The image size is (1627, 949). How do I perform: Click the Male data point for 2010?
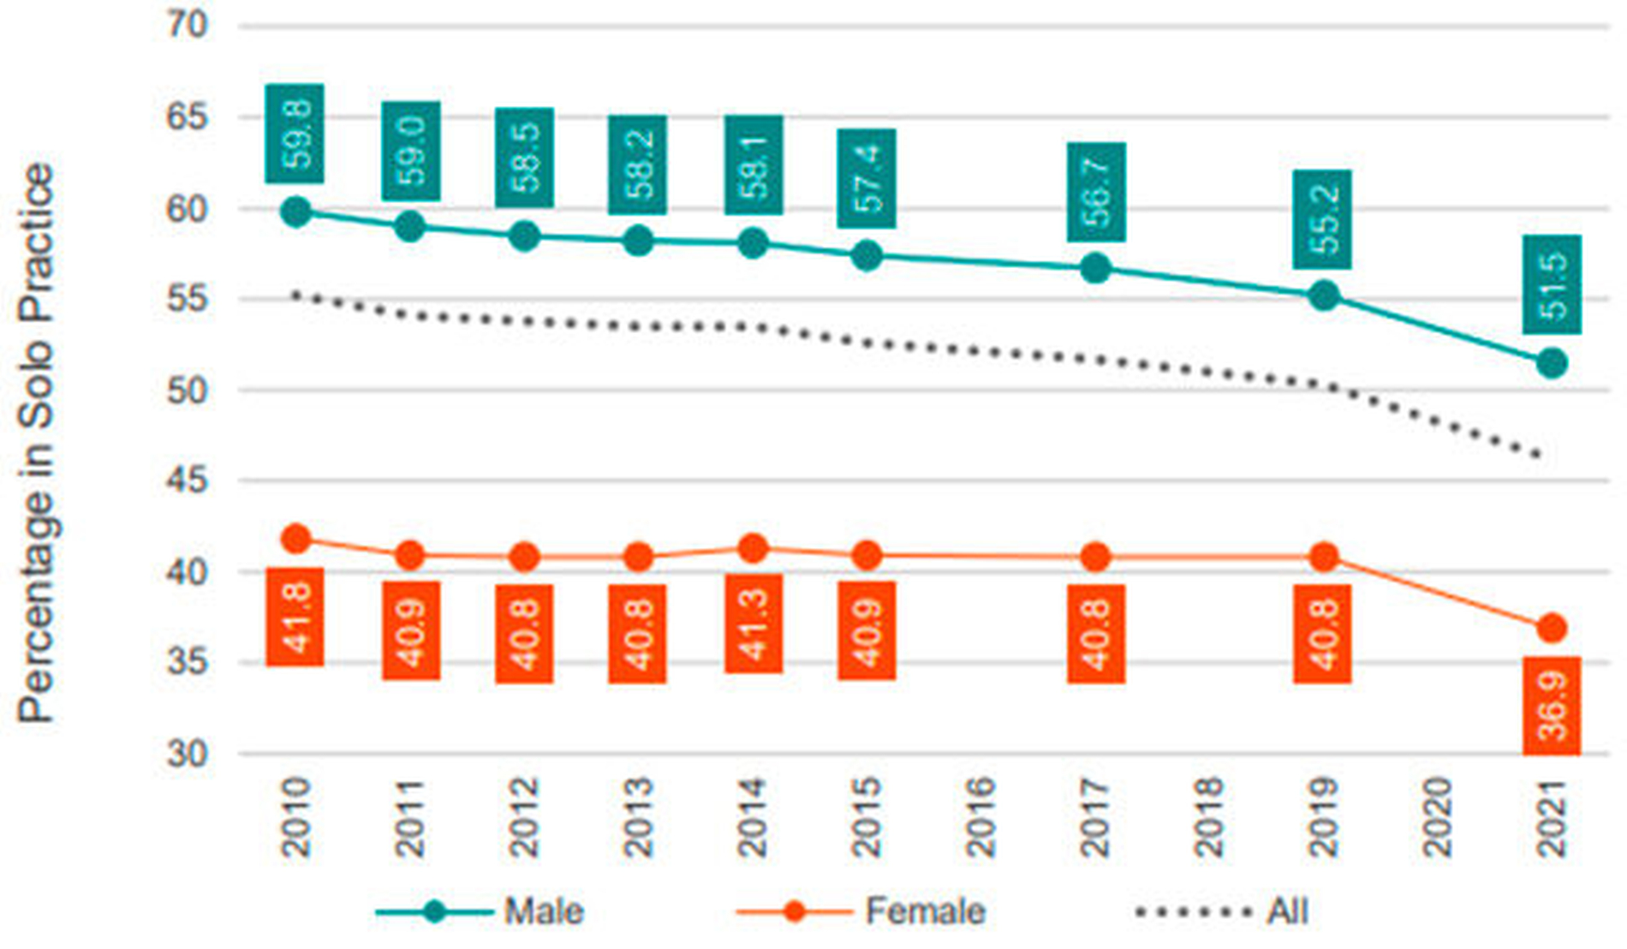click(x=295, y=212)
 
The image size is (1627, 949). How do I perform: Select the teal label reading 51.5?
click(x=1552, y=285)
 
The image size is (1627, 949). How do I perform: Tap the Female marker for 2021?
click(x=1552, y=629)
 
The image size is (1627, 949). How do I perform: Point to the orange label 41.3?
click(x=753, y=624)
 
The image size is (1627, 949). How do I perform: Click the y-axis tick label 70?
click(x=187, y=26)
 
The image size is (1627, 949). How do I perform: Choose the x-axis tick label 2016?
click(x=980, y=817)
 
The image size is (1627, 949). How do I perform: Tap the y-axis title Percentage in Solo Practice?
click(x=38, y=443)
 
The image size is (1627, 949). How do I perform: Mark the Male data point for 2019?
click(x=1324, y=296)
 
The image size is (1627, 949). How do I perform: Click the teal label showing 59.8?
click(x=295, y=134)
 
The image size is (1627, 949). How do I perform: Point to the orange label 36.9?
click(x=1552, y=706)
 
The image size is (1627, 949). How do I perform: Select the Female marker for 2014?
click(x=753, y=548)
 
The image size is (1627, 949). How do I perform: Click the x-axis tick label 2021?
click(x=1552, y=817)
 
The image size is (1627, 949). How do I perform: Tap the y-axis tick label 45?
click(x=187, y=480)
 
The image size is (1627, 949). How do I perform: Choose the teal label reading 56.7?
click(x=1095, y=192)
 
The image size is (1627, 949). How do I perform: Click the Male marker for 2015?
click(x=867, y=255)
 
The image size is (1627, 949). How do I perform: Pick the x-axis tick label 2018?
click(x=1209, y=817)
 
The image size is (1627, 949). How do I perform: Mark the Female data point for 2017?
click(x=1095, y=558)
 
